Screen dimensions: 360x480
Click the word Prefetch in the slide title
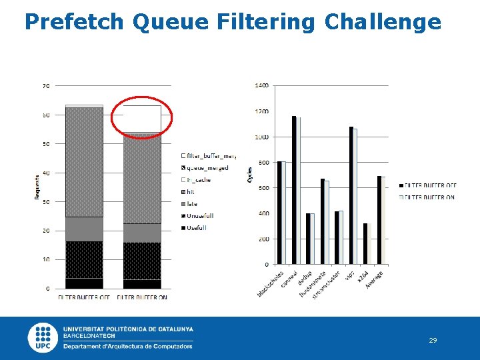coord(73,22)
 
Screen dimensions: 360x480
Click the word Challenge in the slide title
coord(383,22)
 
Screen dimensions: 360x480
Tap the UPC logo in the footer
coord(43,337)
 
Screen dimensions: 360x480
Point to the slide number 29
coord(433,341)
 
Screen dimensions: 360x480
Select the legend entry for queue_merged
coord(208,168)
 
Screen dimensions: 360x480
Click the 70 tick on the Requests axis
coord(46,86)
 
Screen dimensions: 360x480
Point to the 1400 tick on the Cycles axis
coord(261,86)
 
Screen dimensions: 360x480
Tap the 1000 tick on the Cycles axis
coord(261,137)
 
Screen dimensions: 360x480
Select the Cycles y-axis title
coord(250,175)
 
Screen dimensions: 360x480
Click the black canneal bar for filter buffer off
coord(294,190)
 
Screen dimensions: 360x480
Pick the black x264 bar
coord(365,243)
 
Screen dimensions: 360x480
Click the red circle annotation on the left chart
coord(142,117)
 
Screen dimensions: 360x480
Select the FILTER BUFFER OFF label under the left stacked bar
coord(84,297)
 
